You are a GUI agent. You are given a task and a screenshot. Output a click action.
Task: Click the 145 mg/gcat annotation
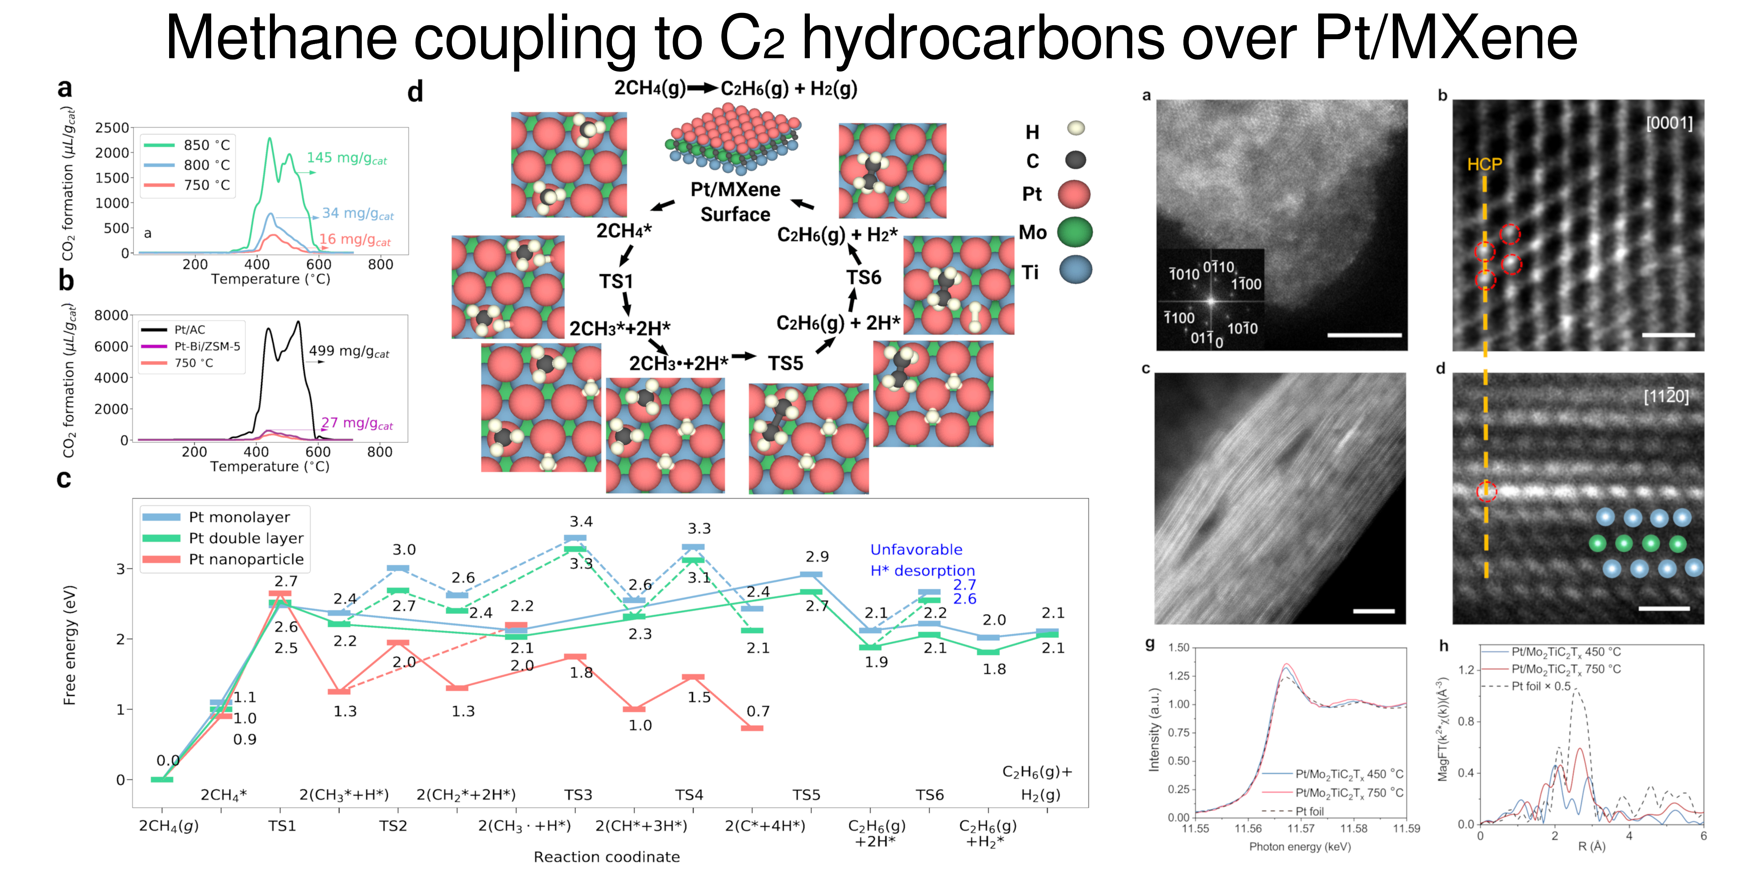click(x=346, y=158)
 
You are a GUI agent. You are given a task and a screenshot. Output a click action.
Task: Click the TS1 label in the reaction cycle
click(x=616, y=281)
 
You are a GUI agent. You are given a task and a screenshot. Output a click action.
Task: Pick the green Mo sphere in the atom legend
click(x=1074, y=233)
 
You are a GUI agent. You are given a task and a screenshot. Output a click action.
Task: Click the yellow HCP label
click(x=1485, y=164)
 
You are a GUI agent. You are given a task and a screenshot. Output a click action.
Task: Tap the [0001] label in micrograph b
click(x=1669, y=124)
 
